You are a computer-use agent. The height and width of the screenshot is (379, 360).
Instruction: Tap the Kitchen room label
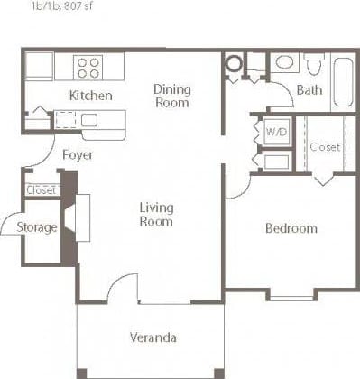click(90, 96)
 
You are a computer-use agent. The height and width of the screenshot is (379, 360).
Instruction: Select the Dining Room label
click(171, 96)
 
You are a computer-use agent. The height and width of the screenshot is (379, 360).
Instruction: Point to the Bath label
click(309, 90)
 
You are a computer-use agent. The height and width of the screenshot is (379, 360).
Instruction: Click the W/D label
click(275, 132)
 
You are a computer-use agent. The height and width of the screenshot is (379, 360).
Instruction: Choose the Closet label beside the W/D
click(324, 146)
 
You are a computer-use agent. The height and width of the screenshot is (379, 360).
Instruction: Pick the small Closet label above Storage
click(42, 190)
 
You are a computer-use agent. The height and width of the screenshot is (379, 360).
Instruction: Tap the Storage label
click(37, 227)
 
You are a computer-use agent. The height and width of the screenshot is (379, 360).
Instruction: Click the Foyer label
click(78, 154)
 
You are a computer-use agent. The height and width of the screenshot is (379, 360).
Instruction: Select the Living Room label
click(156, 215)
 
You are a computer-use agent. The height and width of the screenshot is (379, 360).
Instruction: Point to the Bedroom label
click(291, 228)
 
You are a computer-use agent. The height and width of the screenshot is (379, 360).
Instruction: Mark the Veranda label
click(152, 338)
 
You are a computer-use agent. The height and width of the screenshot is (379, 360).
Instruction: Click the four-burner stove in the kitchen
click(88, 66)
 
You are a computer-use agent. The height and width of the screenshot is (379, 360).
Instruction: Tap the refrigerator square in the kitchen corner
click(38, 66)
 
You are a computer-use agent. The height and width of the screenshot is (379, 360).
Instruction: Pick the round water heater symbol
click(234, 64)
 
